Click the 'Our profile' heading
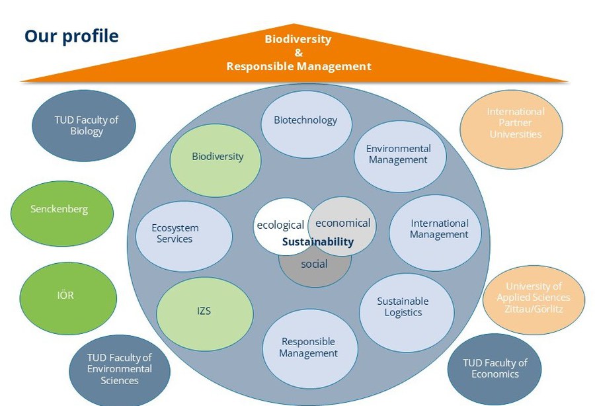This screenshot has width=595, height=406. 71,36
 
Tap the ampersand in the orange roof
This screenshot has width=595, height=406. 299,53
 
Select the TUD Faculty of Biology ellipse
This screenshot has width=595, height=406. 83,126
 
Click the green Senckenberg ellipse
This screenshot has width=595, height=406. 62,213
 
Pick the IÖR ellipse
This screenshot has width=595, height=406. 68,298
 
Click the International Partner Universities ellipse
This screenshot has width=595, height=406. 512,130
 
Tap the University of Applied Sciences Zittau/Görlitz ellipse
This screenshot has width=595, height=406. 534,300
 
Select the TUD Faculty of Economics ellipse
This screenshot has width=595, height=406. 495,369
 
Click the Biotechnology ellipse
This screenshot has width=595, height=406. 306,124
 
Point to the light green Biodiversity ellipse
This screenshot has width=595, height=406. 216,160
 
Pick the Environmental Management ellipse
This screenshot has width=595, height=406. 401,156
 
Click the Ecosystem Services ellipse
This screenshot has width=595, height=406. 184,236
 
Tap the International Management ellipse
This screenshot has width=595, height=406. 435,233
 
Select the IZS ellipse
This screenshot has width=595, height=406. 205,314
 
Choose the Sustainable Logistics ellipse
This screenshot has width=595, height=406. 407,313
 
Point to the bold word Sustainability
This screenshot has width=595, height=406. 318,242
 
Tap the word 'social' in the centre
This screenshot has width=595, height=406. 314,264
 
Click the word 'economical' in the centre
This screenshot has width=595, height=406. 343,223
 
